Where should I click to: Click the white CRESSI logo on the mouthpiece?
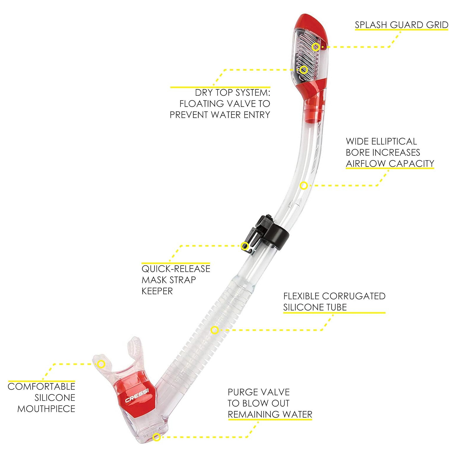coord(137,395)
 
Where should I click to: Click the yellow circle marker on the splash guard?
coord(315,47)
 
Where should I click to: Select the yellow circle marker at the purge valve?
coord(157,437)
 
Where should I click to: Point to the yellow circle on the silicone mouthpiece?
coord(101,364)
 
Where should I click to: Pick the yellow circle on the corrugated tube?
coord(215,330)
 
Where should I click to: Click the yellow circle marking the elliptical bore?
coord(304,186)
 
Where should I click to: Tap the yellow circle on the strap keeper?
coord(244,246)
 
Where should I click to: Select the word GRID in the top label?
coord(437,25)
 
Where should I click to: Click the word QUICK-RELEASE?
coord(176,269)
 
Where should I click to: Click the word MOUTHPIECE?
coord(46,409)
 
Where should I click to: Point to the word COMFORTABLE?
coord(41,387)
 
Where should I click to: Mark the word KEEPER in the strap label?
coord(157,291)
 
